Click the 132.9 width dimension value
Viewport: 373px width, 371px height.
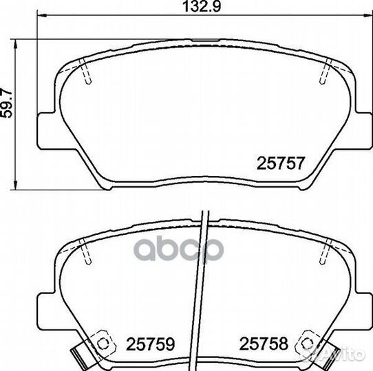point(202,7)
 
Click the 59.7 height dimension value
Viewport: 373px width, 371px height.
point(6,103)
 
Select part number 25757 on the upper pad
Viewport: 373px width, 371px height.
point(281,164)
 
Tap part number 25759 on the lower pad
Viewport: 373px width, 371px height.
point(150,344)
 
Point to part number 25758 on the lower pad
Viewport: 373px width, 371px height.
point(264,344)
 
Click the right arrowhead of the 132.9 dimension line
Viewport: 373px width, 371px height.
point(367,15)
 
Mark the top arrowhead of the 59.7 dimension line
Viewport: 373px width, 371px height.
point(15,45)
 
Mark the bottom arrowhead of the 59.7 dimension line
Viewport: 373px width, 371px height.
point(15,185)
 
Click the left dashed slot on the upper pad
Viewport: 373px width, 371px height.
point(85,71)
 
